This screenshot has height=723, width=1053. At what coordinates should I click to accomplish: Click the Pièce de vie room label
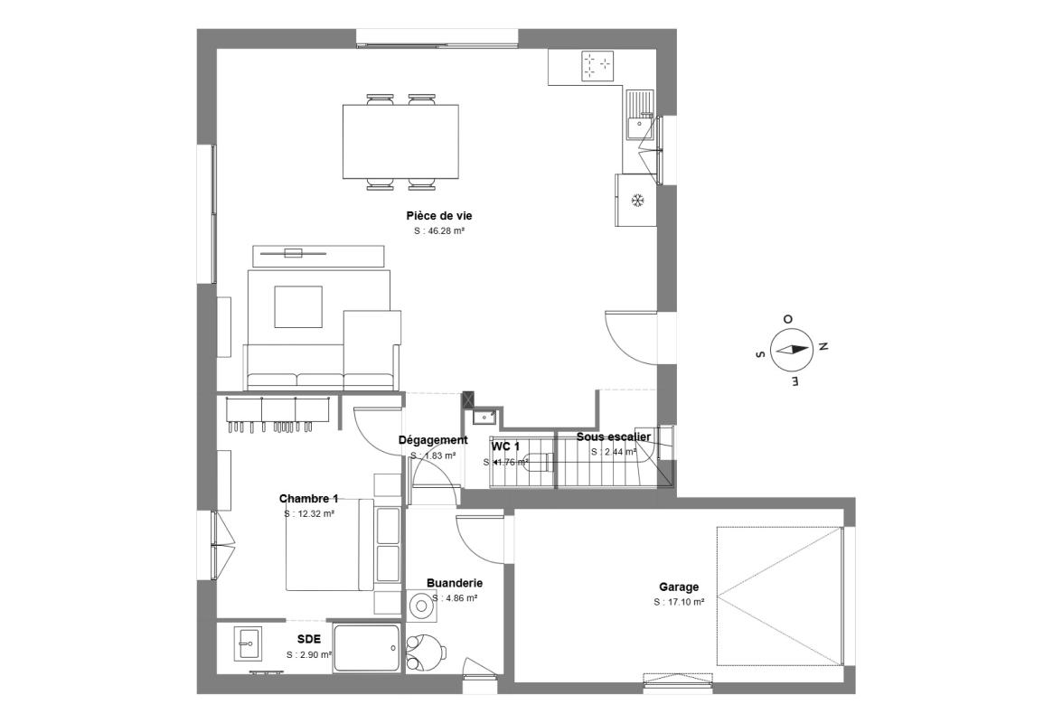(x=439, y=216)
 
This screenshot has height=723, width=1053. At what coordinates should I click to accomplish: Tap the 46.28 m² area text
(x=439, y=231)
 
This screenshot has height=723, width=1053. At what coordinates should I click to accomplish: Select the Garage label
(x=679, y=587)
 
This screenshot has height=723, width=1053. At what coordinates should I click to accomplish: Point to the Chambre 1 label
(x=308, y=499)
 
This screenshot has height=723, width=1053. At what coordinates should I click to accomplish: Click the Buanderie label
(x=454, y=584)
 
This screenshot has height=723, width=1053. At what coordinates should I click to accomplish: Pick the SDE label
(x=309, y=639)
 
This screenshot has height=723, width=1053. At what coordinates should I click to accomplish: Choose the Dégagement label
(x=433, y=440)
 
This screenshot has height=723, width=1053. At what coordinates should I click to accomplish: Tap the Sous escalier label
(x=614, y=437)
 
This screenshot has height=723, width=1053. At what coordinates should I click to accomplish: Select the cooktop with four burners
(x=597, y=65)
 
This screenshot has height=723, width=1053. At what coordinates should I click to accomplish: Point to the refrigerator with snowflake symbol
(x=636, y=200)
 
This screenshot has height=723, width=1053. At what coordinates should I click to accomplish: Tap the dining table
(x=400, y=143)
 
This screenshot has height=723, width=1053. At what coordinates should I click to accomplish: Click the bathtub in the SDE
(x=366, y=648)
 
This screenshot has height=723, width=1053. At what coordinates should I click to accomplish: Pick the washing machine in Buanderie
(x=421, y=606)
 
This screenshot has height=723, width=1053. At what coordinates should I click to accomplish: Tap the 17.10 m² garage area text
(x=679, y=602)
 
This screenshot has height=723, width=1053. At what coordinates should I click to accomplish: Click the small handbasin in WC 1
(x=484, y=417)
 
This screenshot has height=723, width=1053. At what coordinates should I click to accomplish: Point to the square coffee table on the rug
(x=298, y=307)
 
